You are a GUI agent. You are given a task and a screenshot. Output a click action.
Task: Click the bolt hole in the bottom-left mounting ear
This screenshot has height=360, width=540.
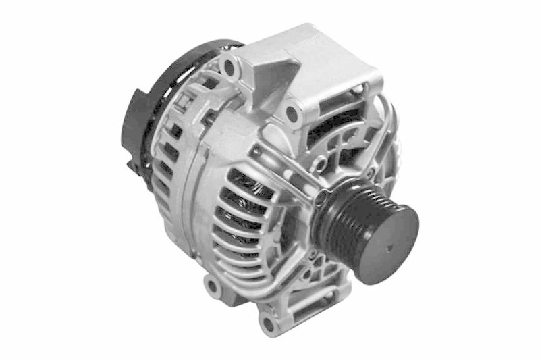pos(213,288)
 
